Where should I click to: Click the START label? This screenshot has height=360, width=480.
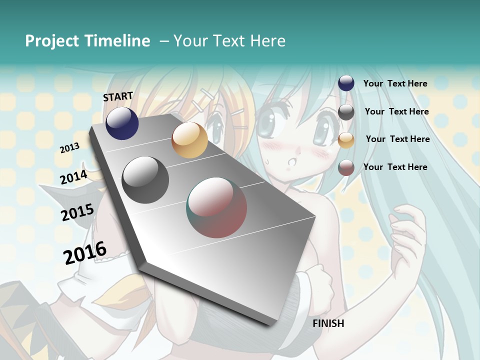[x=118, y=96]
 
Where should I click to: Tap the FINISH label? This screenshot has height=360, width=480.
[x=328, y=323]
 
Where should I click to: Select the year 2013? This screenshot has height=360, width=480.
[x=69, y=147]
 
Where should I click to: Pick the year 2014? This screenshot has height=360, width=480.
[x=73, y=177]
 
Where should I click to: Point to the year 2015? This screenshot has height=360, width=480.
[x=77, y=212]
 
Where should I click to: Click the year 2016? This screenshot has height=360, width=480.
[x=85, y=252]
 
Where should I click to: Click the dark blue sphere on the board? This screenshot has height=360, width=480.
[x=122, y=123]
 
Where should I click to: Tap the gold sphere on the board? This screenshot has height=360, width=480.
[x=189, y=140]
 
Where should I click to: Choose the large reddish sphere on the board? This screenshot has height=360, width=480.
[x=217, y=207]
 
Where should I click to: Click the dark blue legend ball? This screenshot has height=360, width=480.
[x=346, y=83]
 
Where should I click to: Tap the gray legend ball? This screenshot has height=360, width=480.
[x=346, y=112]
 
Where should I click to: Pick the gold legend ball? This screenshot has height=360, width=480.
[x=346, y=140]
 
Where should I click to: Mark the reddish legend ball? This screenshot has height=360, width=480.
[x=346, y=167]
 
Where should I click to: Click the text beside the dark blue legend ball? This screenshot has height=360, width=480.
[x=395, y=83]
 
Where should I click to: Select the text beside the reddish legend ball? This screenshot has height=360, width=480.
[x=395, y=167]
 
